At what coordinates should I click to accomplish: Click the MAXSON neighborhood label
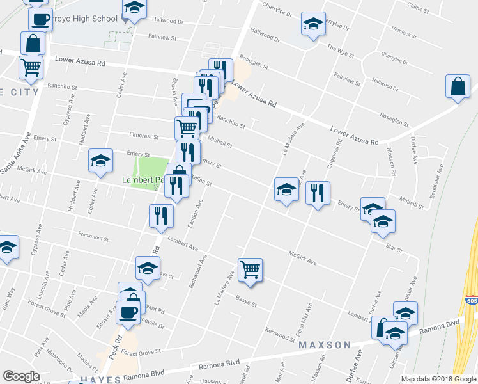click(x=325, y=345)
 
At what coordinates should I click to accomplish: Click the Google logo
click(x=22, y=376)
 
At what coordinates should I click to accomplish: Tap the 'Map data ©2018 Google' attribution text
click(x=438, y=379)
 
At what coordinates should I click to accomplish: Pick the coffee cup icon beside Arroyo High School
click(x=40, y=19)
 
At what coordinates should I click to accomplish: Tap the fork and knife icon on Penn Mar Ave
click(x=318, y=192)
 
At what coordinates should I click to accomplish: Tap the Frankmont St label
click(x=93, y=237)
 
